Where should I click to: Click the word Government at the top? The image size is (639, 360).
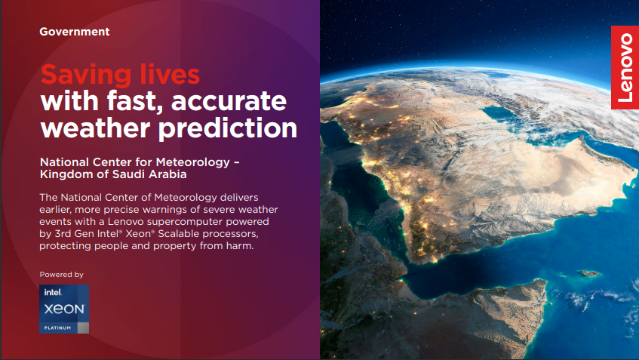[x=74, y=32]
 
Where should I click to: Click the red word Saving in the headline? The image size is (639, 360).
[x=86, y=75]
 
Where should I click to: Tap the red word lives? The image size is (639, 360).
[x=170, y=74]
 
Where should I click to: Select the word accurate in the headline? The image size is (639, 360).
[x=229, y=101]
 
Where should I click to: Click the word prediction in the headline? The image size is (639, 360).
[x=227, y=129]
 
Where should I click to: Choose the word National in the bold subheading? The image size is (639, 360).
[x=64, y=162]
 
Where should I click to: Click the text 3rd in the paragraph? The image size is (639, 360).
[x=63, y=234]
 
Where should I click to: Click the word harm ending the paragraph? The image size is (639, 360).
[x=241, y=246]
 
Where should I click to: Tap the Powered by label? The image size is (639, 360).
[x=62, y=275]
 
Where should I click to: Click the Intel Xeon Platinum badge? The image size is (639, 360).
[x=64, y=309]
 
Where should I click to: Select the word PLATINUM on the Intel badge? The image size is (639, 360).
[x=57, y=328]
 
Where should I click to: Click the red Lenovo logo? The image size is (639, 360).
[x=625, y=68]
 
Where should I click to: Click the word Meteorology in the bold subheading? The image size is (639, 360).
[x=193, y=163]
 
